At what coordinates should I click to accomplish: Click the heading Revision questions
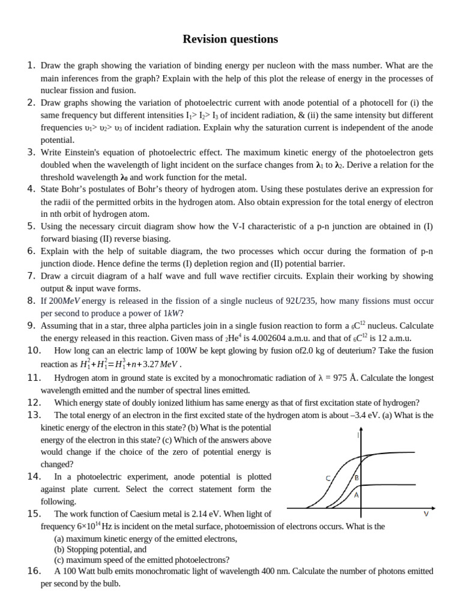point(230,40)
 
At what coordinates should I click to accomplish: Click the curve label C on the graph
point(328,479)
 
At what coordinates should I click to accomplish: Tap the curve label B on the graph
point(357,478)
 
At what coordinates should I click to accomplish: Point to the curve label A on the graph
point(357,495)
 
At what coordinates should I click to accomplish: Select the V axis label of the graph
point(426,514)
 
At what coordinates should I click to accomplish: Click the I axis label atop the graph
point(358,435)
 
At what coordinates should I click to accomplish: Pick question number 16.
point(34,571)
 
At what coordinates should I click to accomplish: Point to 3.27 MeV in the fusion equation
point(162,364)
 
